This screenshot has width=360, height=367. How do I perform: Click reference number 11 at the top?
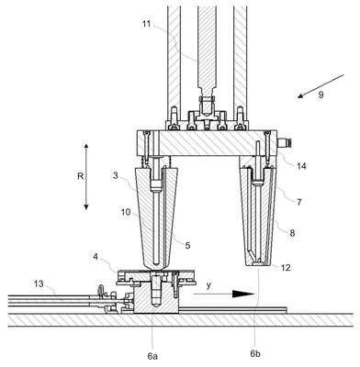[x=147, y=23]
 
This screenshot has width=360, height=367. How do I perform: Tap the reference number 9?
[x=321, y=95]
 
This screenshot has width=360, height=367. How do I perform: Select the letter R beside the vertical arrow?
[x=80, y=176]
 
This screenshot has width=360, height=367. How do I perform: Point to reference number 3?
[x=116, y=175]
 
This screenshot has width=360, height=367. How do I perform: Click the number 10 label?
[x=126, y=212]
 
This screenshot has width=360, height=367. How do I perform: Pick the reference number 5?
[x=187, y=245]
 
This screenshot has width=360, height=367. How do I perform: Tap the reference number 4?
[x=96, y=256]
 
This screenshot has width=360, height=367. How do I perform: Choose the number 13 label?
[x=39, y=284]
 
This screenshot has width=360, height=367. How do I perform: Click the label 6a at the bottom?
[x=152, y=356]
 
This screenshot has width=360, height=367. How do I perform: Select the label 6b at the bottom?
[x=255, y=354]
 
